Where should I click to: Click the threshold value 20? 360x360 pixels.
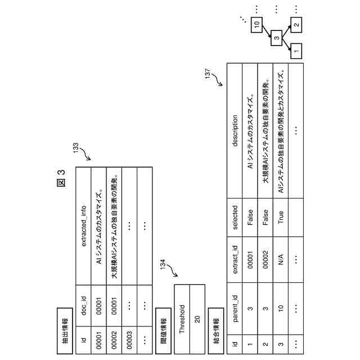pos(197,318)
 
